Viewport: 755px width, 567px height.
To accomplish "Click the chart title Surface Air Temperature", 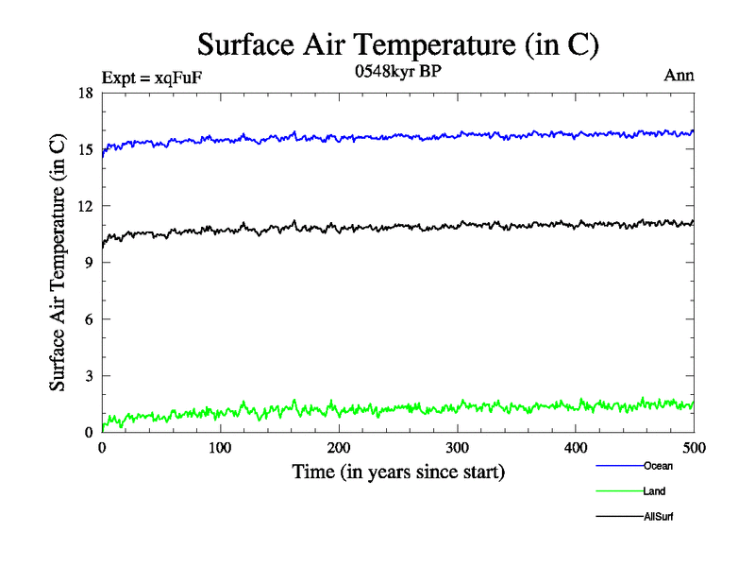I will point(398,44).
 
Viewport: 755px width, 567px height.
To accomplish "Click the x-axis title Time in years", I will point(398,471).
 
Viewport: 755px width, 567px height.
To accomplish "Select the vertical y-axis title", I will point(59,263).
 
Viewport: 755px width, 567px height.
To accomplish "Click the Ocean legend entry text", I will point(658,466).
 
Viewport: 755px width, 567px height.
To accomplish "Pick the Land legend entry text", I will point(655,491).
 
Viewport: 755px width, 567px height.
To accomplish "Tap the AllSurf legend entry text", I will point(659,517).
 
